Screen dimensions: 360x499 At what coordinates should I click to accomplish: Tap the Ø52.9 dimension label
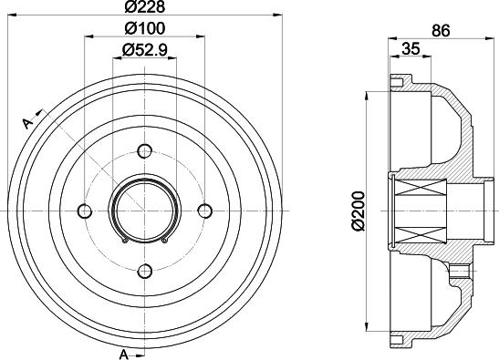point(145,50)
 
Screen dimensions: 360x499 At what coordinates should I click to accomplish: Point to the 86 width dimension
point(442,30)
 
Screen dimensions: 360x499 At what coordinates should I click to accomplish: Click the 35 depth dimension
point(411,50)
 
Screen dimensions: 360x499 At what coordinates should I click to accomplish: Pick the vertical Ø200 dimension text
point(355,209)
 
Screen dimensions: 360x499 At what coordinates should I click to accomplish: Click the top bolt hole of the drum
point(145,151)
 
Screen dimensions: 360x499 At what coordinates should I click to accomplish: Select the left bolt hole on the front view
point(86,211)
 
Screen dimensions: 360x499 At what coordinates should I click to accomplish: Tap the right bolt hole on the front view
point(204,211)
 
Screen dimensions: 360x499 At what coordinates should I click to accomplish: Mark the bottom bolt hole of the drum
point(145,270)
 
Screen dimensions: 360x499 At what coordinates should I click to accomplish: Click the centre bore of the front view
point(145,210)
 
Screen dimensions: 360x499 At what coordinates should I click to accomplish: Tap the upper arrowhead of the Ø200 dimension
point(368,95)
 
